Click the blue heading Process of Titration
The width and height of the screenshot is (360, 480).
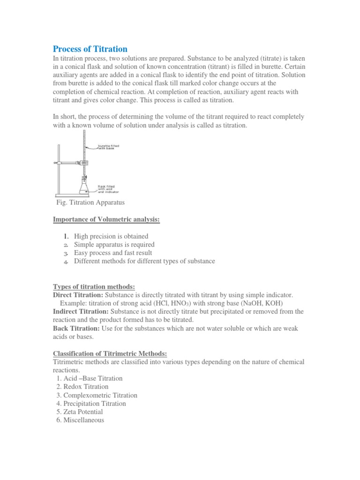coord(90,49)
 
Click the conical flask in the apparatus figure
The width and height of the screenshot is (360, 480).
coord(85,187)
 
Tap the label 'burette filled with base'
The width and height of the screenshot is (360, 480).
coord(108,147)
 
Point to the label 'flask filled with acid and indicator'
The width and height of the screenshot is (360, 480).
coord(108,189)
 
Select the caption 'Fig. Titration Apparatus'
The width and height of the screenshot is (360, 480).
coord(90,202)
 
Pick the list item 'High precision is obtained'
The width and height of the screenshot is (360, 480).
coord(111,236)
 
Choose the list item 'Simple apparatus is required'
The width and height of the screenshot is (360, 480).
coord(114,245)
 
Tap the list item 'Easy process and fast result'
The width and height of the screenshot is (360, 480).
coord(113,253)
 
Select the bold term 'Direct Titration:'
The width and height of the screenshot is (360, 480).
coord(78,295)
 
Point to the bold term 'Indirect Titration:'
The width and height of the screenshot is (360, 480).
coord(81,312)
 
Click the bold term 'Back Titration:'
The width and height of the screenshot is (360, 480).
coord(75,329)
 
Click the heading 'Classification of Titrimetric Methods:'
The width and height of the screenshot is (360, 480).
coord(110,353)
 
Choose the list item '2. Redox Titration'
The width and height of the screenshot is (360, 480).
coord(82,387)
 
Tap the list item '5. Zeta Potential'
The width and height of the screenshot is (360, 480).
coord(79,412)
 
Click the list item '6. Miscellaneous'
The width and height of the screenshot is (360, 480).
coord(80,420)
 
